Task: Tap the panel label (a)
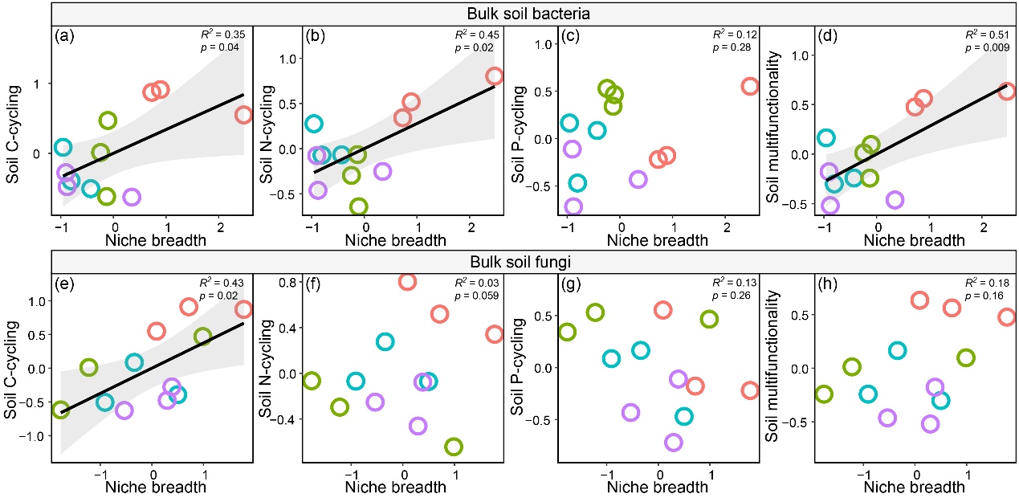(x=66, y=35)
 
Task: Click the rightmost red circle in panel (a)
(x=244, y=115)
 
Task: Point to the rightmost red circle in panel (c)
(x=749, y=86)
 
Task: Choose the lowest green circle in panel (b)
(x=359, y=206)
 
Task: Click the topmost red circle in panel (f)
(x=407, y=281)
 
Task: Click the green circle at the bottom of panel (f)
(x=454, y=446)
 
